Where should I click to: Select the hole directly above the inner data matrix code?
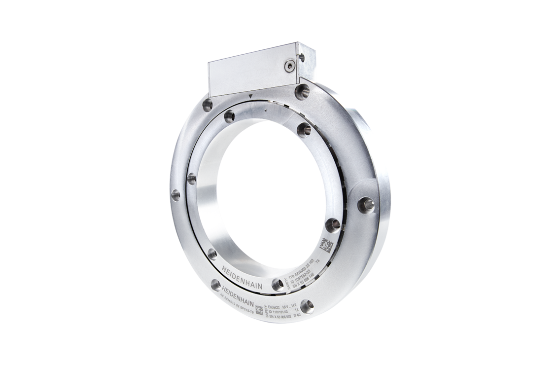333,224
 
